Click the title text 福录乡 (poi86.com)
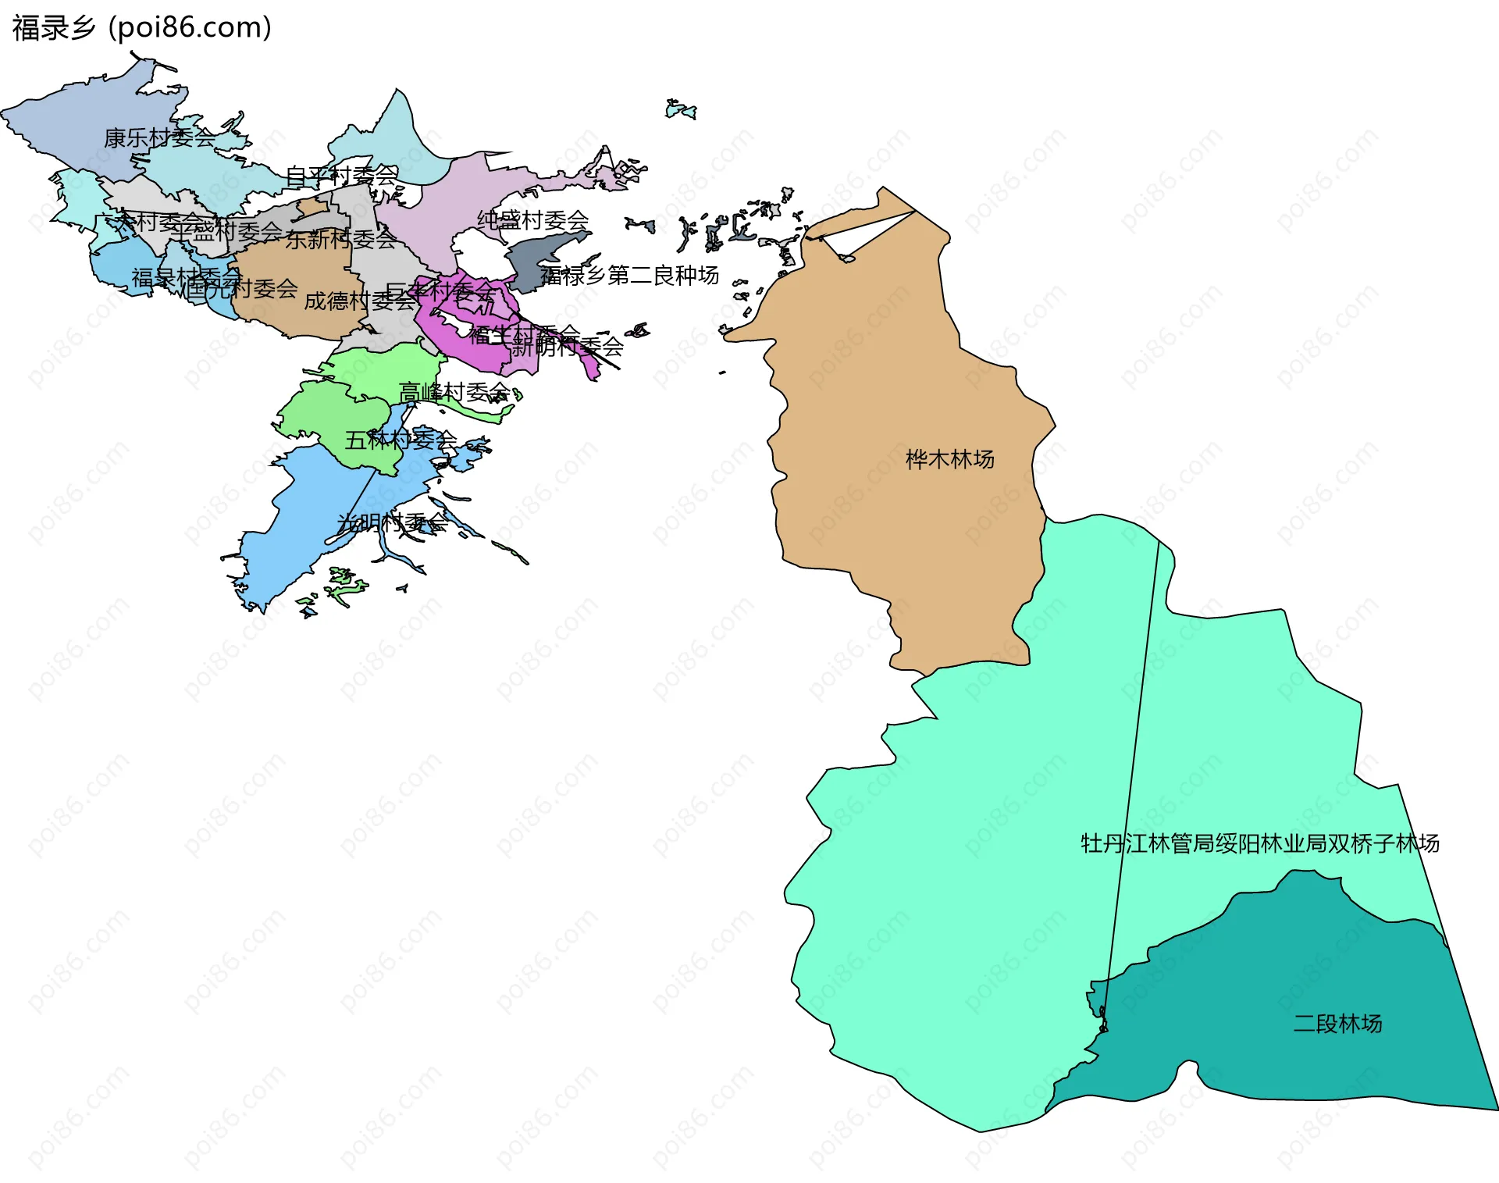(x=141, y=28)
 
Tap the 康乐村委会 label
(x=159, y=138)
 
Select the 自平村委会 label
(x=341, y=176)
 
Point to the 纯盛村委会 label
(x=532, y=220)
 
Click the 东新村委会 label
(x=341, y=239)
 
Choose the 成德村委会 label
(x=359, y=301)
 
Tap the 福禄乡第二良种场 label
(x=629, y=276)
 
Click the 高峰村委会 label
(x=454, y=391)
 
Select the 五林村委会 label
(x=401, y=440)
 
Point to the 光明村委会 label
(x=393, y=522)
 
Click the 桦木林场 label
(x=949, y=459)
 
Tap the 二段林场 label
(x=1337, y=1023)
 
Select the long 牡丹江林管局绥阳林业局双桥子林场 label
(x=1259, y=843)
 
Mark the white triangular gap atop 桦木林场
(x=859, y=233)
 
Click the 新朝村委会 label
(x=568, y=345)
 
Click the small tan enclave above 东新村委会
(x=314, y=207)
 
